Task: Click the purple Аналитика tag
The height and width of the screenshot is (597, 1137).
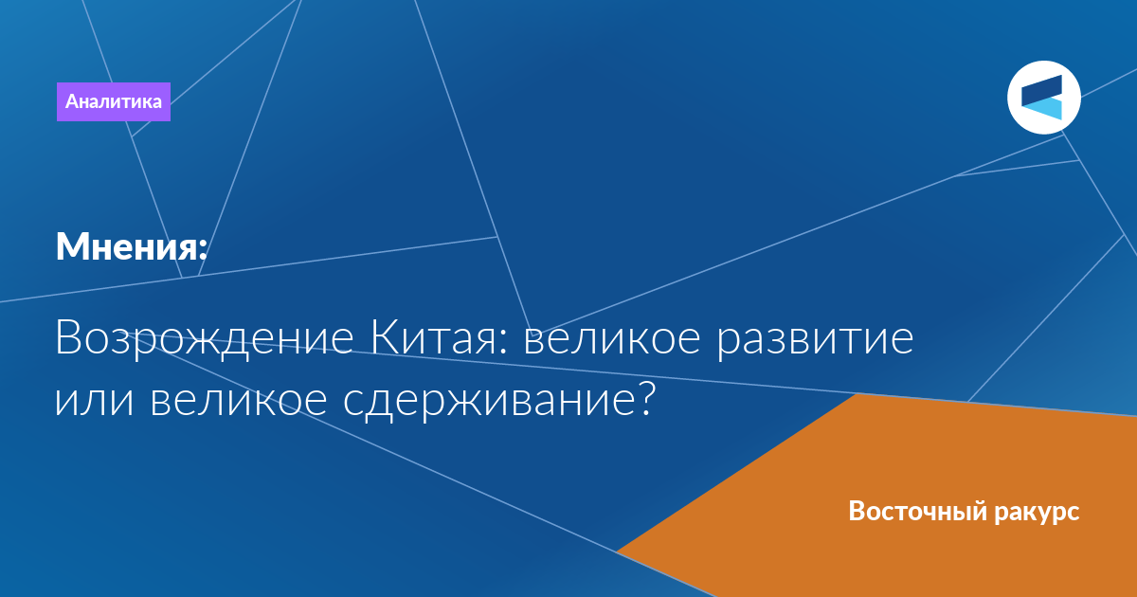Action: [113, 101]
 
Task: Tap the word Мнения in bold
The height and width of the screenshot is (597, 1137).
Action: [127, 246]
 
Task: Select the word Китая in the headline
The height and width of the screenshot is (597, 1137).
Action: [434, 337]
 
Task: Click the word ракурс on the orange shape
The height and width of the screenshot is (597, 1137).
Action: [1037, 513]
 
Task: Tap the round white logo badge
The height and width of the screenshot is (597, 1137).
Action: [1043, 98]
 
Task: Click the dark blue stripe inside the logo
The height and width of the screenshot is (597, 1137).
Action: [1041, 90]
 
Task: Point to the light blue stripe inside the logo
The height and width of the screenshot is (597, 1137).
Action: [1044, 110]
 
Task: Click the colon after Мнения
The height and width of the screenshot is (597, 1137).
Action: [203, 248]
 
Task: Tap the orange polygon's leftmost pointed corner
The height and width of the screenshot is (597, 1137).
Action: [617, 551]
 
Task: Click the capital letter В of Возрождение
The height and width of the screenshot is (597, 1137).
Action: [68, 337]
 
